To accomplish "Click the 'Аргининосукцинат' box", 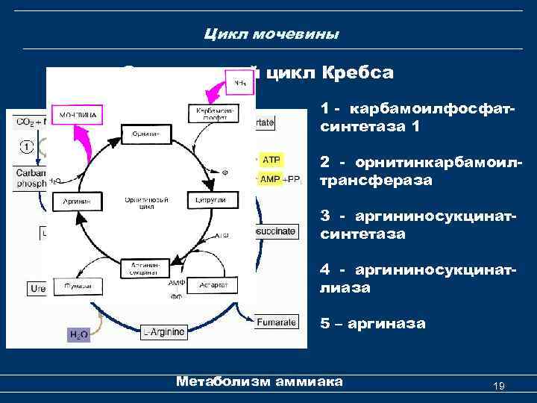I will point(142,269).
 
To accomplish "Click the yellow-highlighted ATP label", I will point(271,160).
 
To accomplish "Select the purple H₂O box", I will point(78,335).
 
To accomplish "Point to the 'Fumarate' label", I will point(277,322).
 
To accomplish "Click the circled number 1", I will point(26,146).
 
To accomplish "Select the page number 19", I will point(500,386).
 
